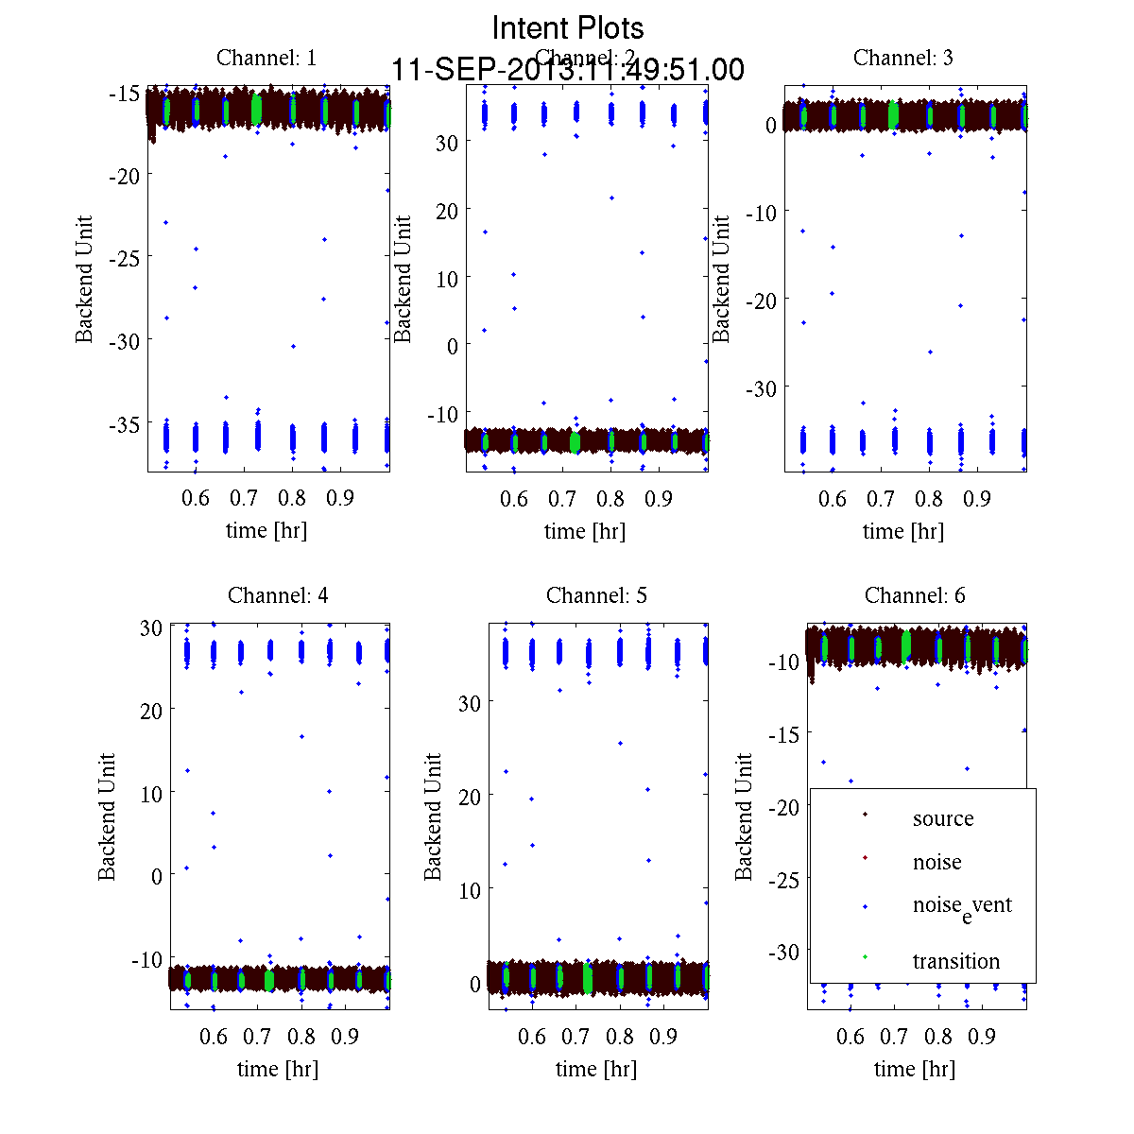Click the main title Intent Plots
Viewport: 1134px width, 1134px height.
tap(568, 27)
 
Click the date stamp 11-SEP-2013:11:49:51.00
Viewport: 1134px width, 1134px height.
tap(568, 70)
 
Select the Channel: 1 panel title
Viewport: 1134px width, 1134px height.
tap(266, 58)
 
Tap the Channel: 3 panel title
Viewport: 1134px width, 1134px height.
tap(903, 58)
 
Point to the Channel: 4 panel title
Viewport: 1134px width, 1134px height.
tap(278, 595)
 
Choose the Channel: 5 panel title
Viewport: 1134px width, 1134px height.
tap(596, 595)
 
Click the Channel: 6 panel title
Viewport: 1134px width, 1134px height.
tap(915, 595)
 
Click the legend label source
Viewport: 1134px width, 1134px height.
tap(943, 819)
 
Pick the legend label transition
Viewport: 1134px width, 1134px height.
tap(956, 962)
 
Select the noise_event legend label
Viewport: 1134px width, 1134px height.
tap(962, 906)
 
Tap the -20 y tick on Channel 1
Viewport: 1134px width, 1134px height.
tap(126, 176)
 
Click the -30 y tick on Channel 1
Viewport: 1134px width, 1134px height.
tap(126, 341)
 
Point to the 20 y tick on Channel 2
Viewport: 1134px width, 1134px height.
tap(446, 211)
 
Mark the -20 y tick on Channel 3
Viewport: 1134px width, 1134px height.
tap(763, 301)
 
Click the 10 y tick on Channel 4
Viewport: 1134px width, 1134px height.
tap(151, 793)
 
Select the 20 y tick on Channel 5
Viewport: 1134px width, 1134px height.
tap(470, 797)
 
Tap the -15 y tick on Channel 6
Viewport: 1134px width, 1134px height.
tap(786, 734)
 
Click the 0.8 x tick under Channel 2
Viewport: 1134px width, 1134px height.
tap(611, 498)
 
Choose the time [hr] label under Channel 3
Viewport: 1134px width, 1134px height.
tap(902, 531)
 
